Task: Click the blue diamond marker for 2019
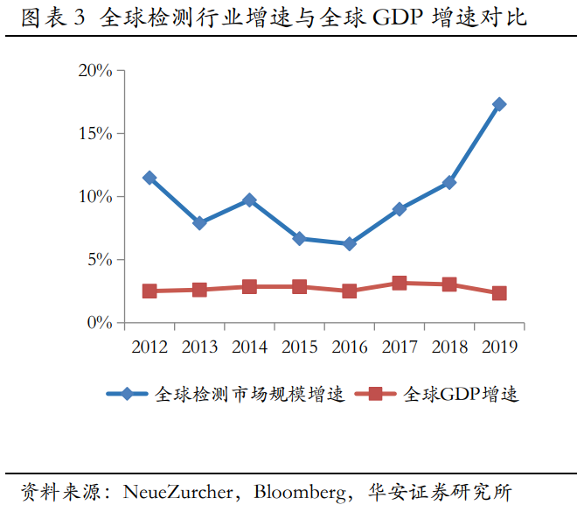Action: pos(499,104)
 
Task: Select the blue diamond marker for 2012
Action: pos(149,178)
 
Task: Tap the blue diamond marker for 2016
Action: pos(350,244)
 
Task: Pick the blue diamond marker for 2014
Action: pos(249,200)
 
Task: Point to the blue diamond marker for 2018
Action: pos(449,182)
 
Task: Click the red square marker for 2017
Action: pos(400,283)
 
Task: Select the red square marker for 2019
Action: pos(499,293)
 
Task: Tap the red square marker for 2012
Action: pos(149,291)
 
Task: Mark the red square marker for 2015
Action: pos(300,286)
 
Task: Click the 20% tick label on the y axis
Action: pos(95,71)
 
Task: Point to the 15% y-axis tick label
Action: pos(95,134)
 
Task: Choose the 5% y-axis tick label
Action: pos(99,260)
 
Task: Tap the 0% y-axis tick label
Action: pos(99,323)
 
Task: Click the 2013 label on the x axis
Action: pos(199,347)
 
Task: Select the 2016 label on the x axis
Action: pos(350,347)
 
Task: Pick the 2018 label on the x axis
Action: pos(449,347)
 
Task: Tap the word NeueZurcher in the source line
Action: pos(180,490)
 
